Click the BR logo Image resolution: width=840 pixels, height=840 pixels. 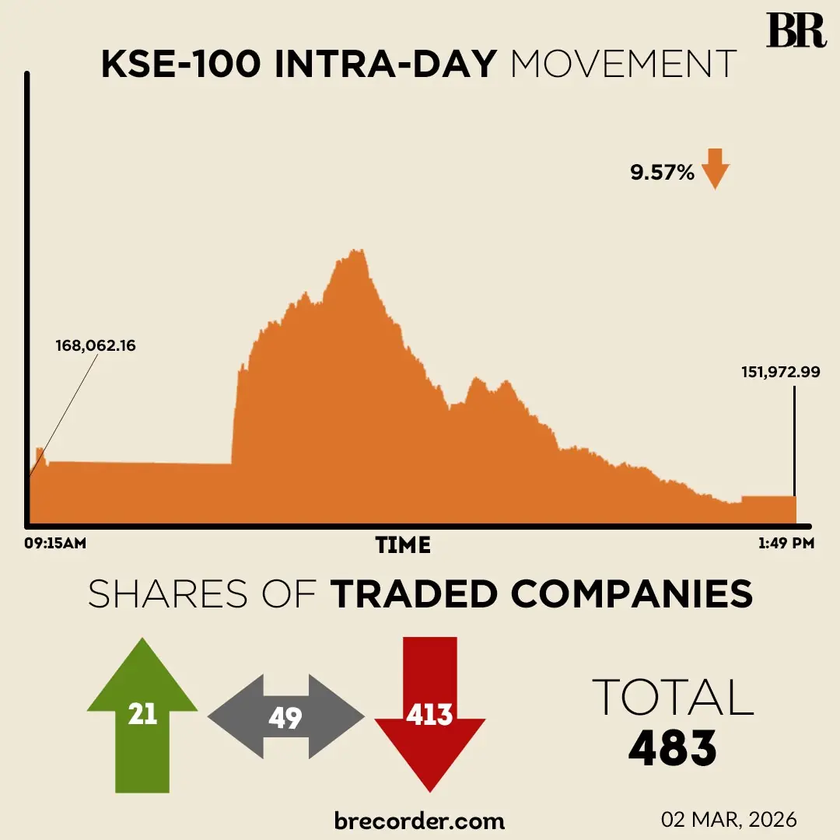[796, 31]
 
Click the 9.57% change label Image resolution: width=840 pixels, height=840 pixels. [662, 173]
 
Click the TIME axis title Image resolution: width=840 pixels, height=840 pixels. [403, 544]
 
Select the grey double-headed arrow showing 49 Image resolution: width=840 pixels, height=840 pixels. [285, 717]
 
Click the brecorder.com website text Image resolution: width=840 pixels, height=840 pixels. [419, 820]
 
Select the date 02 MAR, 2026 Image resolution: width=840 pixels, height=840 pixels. [729, 820]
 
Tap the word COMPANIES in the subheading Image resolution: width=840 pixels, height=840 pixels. [632, 595]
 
